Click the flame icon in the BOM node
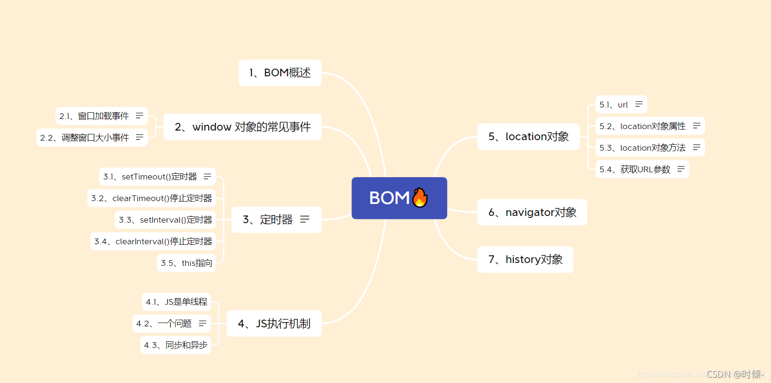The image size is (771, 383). click(x=420, y=198)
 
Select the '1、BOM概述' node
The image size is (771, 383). click(x=280, y=73)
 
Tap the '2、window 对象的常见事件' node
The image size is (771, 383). click(x=242, y=127)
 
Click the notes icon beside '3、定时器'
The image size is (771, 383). click(x=305, y=219)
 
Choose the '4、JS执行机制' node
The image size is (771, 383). click(x=274, y=323)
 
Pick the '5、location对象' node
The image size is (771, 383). click(x=528, y=136)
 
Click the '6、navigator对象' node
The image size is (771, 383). click(x=532, y=213)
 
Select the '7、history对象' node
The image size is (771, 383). click(x=525, y=260)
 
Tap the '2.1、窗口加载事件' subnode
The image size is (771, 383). click(x=101, y=116)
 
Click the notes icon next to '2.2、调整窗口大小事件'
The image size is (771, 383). click(x=139, y=138)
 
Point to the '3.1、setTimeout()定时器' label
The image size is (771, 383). click(x=150, y=177)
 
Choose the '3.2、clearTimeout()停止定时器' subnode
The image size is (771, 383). click(x=151, y=198)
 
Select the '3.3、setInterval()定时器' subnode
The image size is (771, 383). click(x=165, y=220)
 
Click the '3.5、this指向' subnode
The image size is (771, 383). click(x=186, y=263)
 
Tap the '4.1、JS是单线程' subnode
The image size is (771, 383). click(x=176, y=302)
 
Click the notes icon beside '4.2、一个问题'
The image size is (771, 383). click(x=202, y=323)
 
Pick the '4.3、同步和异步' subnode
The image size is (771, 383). click(x=175, y=345)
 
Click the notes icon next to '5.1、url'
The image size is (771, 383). click(x=639, y=104)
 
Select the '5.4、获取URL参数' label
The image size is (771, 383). click(x=635, y=169)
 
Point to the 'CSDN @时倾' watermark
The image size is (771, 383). click(x=735, y=374)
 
